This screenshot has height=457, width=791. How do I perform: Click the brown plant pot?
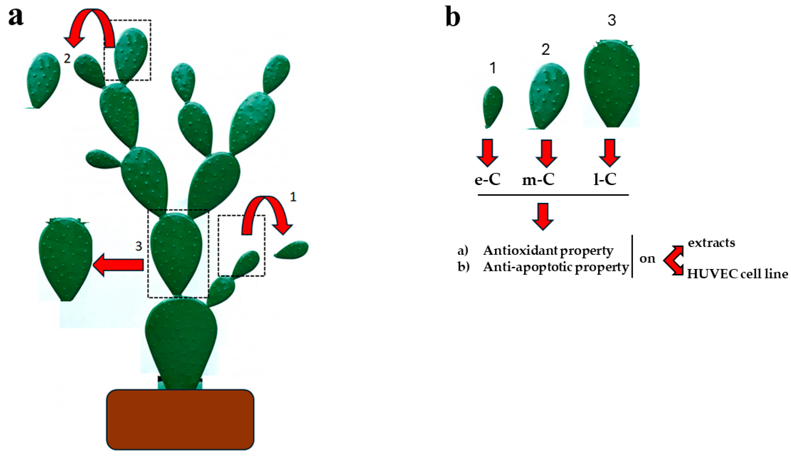tap(180, 419)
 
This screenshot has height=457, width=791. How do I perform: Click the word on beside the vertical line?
tap(647, 259)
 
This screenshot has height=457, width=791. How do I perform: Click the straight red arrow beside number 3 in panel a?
tap(119, 265)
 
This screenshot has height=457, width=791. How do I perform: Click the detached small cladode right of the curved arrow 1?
tap(292, 250)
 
